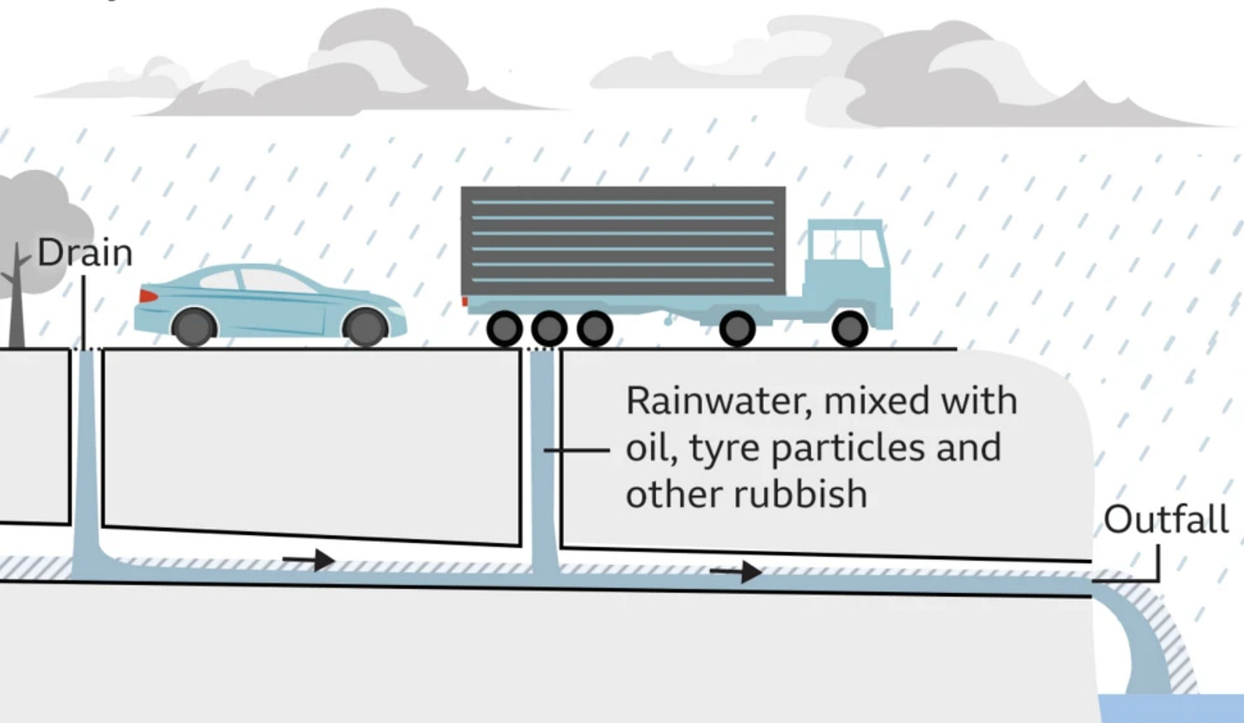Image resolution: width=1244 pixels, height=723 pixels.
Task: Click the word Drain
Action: pyautogui.click(x=85, y=253)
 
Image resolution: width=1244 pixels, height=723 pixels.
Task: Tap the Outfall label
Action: pyautogui.click(x=1165, y=520)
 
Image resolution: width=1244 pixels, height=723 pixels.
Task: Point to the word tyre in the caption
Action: pyautogui.click(x=724, y=449)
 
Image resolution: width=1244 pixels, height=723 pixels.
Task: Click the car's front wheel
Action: pyautogui.click(x=365, y=327)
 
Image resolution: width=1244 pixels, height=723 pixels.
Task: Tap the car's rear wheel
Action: pyautogui.click(x=193, y=327)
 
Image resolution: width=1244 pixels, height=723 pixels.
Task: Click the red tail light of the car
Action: pyautogui.click(x=148, y=296)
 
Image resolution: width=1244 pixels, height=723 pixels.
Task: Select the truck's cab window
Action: pyautogui.click(x=846, y=246)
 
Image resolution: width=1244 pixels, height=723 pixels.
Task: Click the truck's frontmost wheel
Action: pyautogui.click(x=848, y=328)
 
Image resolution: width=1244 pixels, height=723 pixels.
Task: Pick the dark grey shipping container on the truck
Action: pyautogui.click(x=623, y=241)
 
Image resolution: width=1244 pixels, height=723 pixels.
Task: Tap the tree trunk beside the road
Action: pyautogui.click(x=16, y=308)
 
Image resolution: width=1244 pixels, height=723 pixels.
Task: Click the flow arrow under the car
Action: pyautogui.click(x=308, y=561)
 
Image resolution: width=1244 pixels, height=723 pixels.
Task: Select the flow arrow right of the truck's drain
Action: pyautogui.click(x=736, y=571)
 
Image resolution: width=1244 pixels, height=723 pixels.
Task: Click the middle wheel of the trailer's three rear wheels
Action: pyautogui.click(x=549, y=328)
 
